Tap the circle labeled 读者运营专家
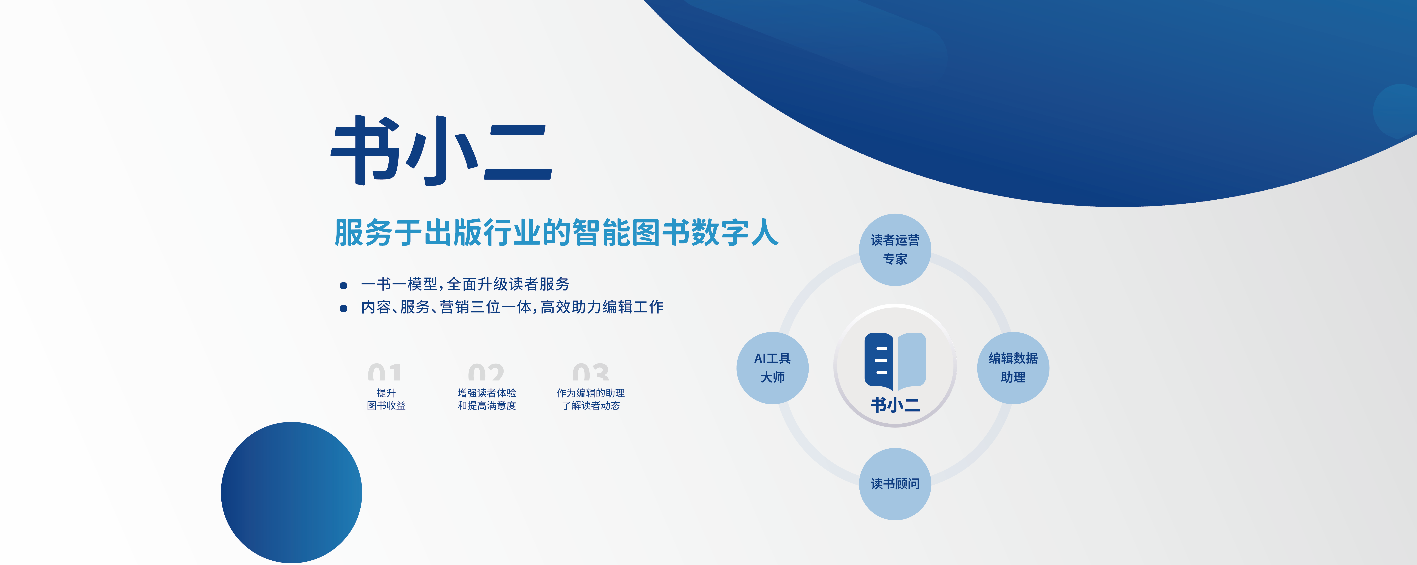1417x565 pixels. click(895, 250)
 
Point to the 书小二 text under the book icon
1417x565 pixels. click(895, 405)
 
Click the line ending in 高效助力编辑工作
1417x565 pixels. click(512, 307)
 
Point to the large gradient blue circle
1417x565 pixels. click(292, 492)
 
